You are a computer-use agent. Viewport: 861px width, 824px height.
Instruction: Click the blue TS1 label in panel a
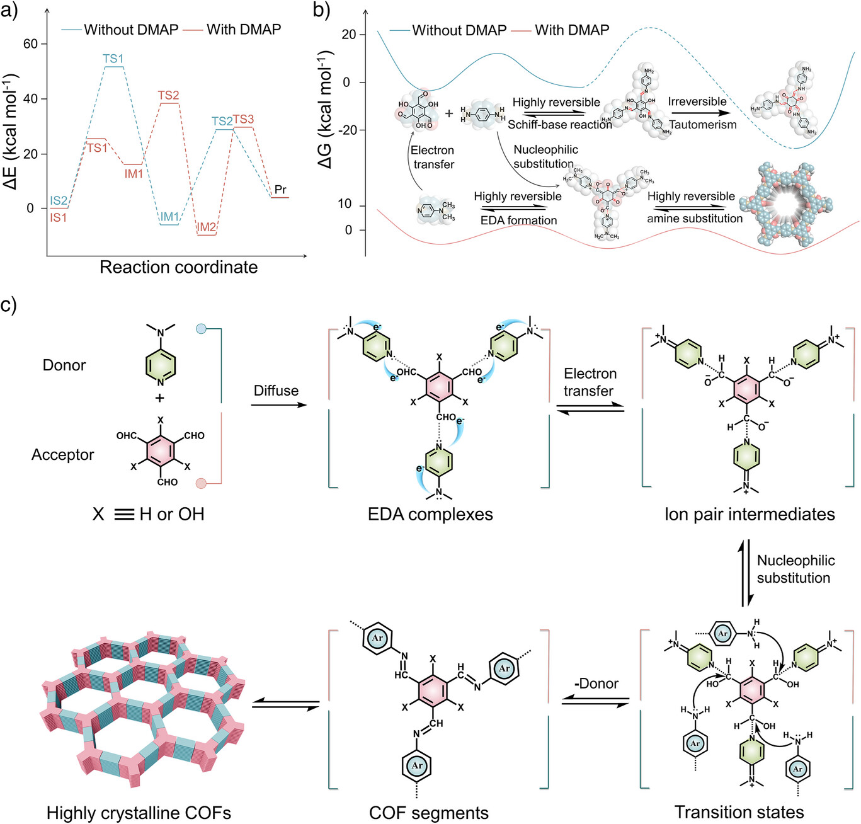pos(113,59)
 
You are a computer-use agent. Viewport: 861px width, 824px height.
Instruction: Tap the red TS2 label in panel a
pos(168,95)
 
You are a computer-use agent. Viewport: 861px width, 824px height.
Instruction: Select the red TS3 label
pos(243,119)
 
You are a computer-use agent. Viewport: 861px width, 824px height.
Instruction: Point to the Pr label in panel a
pos(280,190)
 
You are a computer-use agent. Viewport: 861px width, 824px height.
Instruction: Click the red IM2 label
pos(206,227)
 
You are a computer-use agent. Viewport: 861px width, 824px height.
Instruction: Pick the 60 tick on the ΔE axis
pos(30,44)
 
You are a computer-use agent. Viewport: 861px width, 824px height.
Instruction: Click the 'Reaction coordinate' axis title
pos(178,267)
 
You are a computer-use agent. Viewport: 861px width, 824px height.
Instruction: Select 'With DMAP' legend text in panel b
pos(572,30)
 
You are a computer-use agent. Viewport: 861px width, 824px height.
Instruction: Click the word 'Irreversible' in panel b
pos(697,101)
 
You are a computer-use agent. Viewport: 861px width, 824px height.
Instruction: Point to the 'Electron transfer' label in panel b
pos(433,157)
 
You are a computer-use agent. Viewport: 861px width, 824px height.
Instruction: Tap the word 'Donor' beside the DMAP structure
pos(64,365)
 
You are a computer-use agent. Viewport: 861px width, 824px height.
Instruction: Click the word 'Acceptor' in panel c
pos(63,455)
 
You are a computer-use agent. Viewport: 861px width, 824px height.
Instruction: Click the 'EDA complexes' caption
pos(430,514)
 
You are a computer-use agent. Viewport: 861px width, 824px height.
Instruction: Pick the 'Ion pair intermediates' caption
pos(750,514)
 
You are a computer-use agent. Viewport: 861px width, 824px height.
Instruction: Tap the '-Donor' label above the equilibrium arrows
pos(596,684)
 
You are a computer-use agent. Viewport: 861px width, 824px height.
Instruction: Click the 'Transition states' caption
pos(739,812)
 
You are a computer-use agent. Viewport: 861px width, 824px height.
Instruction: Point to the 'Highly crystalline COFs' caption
pos(139,813)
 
